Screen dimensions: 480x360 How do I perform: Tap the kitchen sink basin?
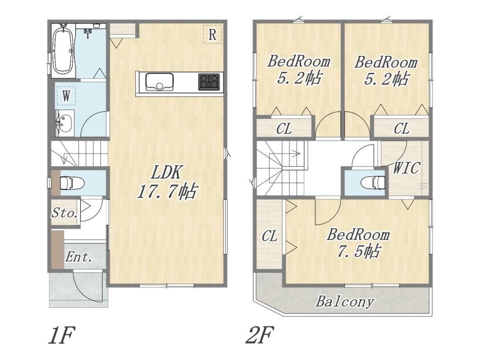(159, 82)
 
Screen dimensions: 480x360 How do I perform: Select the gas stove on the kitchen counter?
(209, 82)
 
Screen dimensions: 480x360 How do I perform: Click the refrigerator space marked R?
(212, 34)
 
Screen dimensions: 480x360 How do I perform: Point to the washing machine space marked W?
(66, 96)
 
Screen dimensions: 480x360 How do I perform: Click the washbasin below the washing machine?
(65, 123)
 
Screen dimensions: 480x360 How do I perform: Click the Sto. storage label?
(64, 213)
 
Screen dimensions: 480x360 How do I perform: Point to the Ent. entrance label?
(79, 257)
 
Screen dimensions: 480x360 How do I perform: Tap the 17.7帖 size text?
(167, 192)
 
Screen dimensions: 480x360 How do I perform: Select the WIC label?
(406, 168)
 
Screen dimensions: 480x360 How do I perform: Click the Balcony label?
(345, 302)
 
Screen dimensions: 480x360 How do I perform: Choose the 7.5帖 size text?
(359, 251)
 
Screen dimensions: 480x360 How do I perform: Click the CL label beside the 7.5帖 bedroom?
(270, 236)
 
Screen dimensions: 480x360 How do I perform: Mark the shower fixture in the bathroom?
(88, 32)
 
